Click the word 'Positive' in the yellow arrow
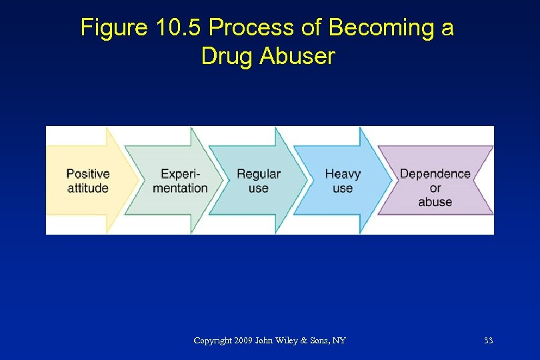[x=88, y=174]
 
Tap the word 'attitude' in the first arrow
[x=88, y=188]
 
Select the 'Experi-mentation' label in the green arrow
[x=180, y=181]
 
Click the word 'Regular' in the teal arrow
[x=259, y=174]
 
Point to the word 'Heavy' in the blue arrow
[x=343, y=174]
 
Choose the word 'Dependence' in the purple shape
[x=435, y=174]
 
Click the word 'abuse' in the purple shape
[x=435, y=202]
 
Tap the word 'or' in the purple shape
[x=435, y=188]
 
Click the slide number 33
[x=488, y=341]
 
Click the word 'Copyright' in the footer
[x=212, y=341]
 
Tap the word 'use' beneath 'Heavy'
[x=343, y=189]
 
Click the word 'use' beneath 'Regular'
[x=259, y=189]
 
